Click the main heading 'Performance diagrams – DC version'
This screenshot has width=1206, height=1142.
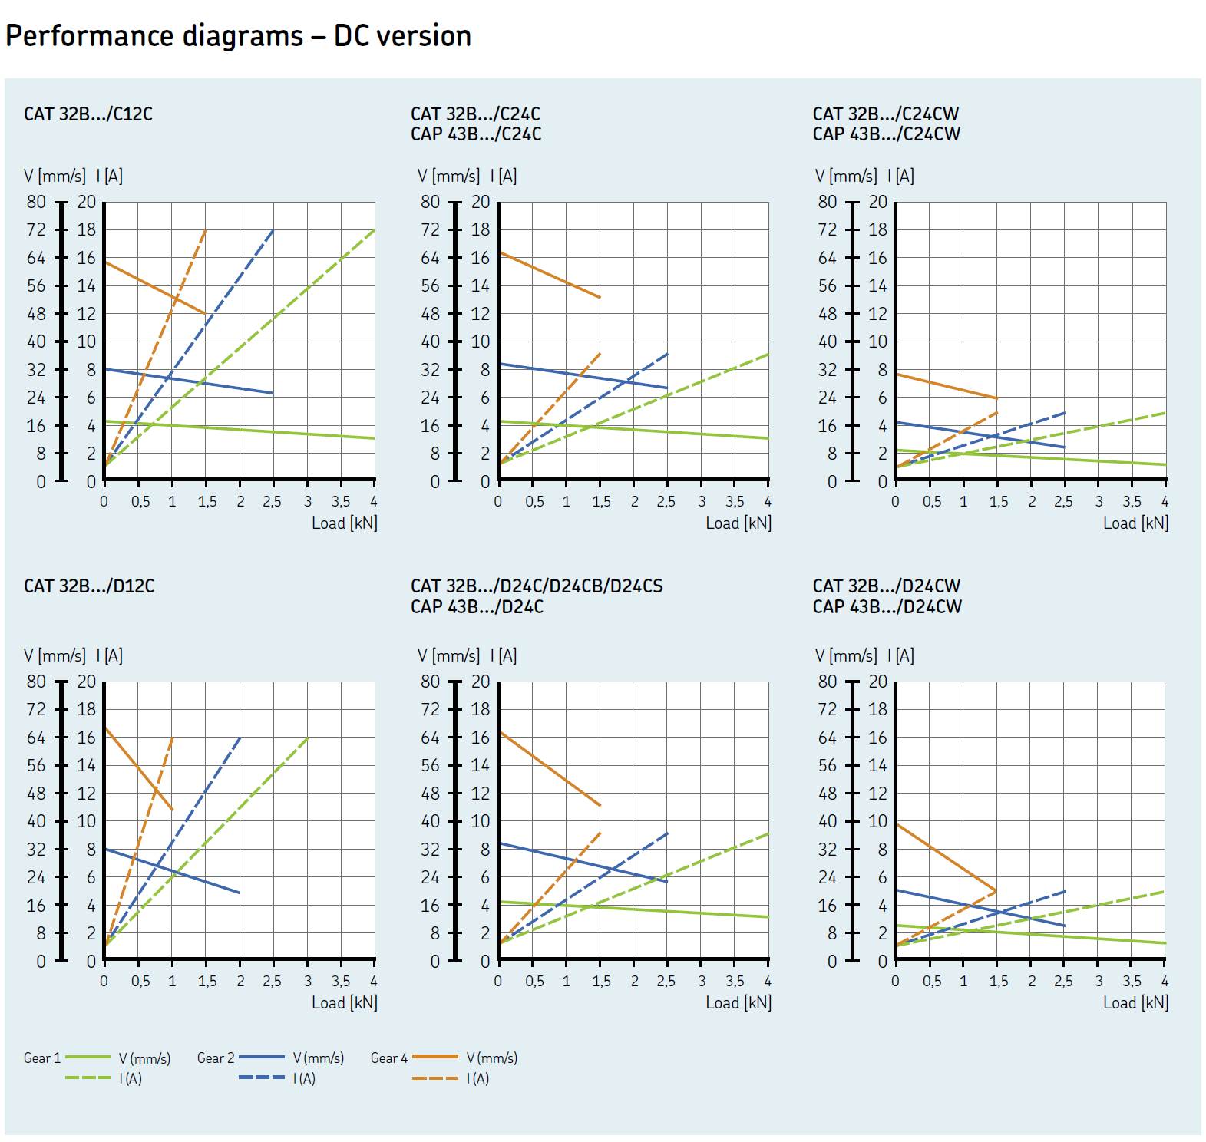point(238,36)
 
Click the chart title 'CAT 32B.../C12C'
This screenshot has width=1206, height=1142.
point(88,114)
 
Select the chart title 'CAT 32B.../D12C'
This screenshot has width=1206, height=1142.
point(89,586)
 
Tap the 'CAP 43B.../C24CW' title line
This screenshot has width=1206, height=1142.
point(886,134)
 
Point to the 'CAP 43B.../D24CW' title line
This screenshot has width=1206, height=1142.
point(887,607)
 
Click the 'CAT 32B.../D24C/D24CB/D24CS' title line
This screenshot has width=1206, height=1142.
point(537,586)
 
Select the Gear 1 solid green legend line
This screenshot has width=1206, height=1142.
point(88,1058)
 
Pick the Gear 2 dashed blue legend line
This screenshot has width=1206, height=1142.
point(262,1078)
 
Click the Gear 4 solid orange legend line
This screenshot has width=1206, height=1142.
point(435,1058)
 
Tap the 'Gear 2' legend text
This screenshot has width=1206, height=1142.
point(215,1058)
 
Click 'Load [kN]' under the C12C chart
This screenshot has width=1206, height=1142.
point(344,523)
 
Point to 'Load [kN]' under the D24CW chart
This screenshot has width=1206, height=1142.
point(1135,1003)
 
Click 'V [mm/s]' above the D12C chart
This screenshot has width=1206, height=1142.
point(55,656)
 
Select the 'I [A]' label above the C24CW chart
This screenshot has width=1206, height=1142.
point(904,177)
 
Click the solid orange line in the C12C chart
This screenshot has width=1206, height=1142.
point(154,288)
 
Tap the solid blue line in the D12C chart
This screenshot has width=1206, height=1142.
point(172,871)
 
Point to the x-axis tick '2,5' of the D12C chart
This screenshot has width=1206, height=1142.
point(272,982)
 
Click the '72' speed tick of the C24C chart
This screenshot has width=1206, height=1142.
point(430,229)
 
